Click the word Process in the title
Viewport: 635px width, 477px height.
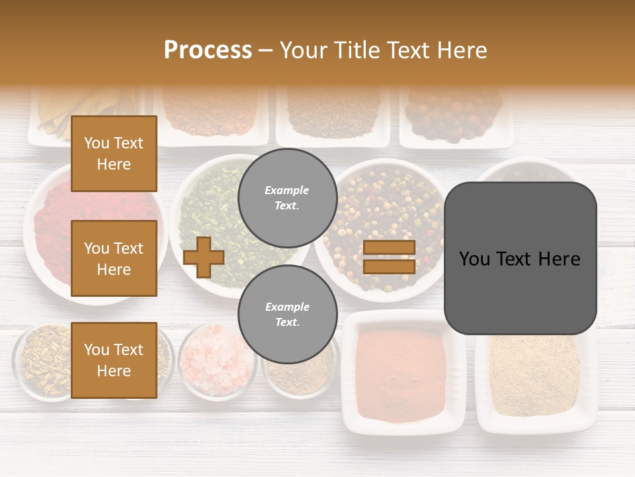tap(208, 50)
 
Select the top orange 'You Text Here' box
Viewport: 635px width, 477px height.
tap(114, 154)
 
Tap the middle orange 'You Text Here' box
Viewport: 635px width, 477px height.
tap(114, 258)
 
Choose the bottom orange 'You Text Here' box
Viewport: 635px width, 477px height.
tap(114, 360)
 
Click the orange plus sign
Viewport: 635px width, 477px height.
tap(204, 257)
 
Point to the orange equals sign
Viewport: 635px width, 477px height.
tap(389, 257)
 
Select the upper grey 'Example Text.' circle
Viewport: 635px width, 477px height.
tap(287, 197)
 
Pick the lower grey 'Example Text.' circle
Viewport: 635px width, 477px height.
tap(287, 314)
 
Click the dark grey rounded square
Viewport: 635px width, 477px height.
tap(520, 258)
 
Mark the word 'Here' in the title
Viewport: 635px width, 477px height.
tap(461, 50)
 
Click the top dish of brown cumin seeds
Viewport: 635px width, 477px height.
tap(333, 113)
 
